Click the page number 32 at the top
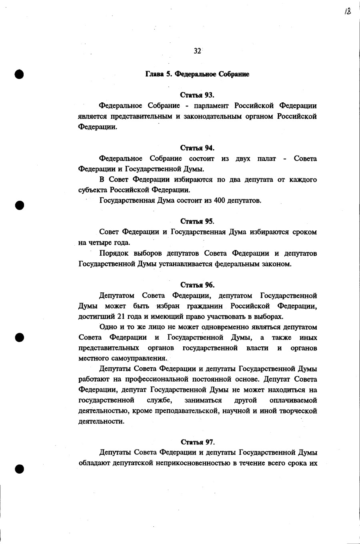(x=197, y=51)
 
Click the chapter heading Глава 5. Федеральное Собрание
(x=197, y=74)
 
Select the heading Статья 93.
(x=197, y=95)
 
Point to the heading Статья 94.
(x=197, y=148)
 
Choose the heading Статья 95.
(x=197, y=221)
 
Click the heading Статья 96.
(x=197, y=285)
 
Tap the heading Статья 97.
(x=198, y=442)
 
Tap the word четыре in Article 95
(x=98, y=242)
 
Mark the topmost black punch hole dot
(x=19, y=74)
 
